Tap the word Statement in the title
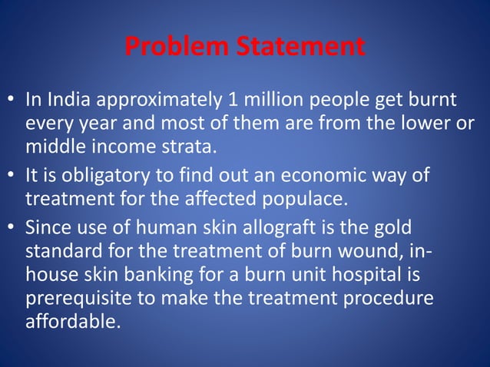click(x=300, y=48)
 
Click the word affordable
click(x=73, y=319)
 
